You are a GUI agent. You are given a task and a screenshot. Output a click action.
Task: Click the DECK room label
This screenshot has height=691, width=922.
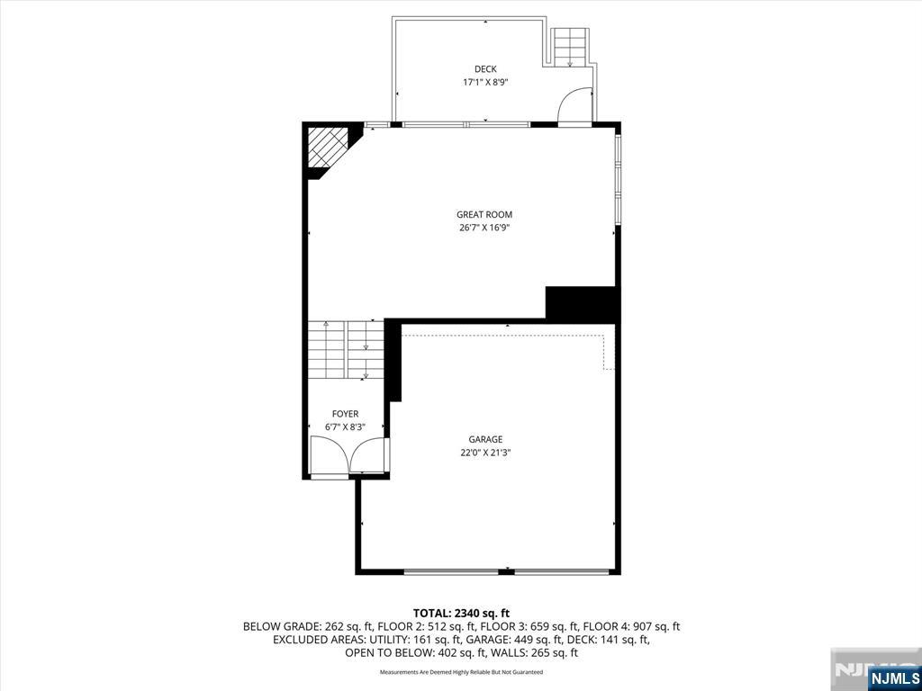485,69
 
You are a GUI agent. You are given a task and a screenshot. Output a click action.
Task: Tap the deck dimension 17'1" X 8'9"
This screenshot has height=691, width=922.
485,83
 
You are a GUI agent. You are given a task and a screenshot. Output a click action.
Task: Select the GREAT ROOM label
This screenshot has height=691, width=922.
484,215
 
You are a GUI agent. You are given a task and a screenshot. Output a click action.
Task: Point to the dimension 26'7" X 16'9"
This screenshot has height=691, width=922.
484,228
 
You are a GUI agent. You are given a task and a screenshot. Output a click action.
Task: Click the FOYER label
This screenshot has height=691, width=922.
345,414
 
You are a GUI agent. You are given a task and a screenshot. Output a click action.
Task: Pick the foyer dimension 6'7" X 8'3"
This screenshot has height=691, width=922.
345,427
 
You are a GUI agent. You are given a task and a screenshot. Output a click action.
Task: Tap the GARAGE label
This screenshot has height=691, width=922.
485,439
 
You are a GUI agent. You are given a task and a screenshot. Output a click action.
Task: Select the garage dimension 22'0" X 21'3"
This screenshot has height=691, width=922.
485,453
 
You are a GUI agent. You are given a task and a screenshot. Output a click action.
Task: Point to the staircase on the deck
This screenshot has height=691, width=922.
570,48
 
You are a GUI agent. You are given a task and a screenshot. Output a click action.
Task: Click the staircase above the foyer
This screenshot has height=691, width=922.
346,350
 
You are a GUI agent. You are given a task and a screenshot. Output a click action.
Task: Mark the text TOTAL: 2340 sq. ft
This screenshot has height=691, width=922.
461,614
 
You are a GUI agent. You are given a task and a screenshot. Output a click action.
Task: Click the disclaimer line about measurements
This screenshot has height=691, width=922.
461,671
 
